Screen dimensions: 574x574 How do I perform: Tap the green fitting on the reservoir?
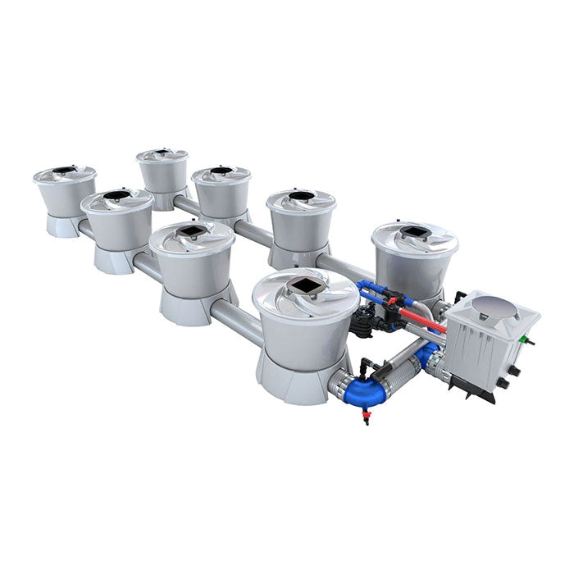pos(530,339)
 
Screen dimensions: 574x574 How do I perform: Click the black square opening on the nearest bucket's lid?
pos(305,286)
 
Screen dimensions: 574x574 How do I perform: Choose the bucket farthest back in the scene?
pos(162,170)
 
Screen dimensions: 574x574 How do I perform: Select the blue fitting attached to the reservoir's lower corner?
pos(428,356)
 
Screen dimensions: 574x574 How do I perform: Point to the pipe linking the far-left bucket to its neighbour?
pos(86,230)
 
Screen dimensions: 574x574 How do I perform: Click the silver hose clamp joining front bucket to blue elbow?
pos(340,381)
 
